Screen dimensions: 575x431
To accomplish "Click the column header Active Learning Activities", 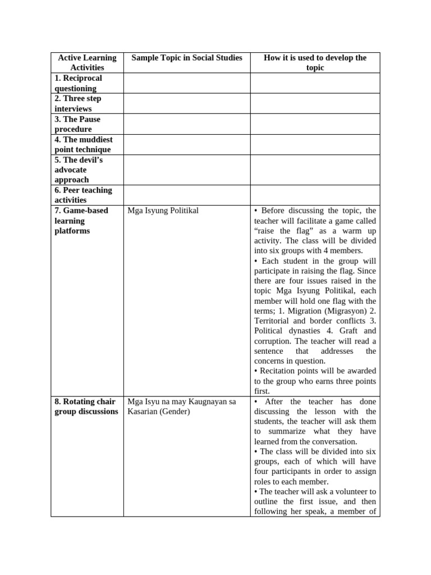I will [x=87, y=62].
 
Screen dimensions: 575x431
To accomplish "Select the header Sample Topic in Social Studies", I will [x=186, y=58].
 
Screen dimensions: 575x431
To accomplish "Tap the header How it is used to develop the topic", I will [x=315, y=62].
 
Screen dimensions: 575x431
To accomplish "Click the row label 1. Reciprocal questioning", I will [x=79, y=83].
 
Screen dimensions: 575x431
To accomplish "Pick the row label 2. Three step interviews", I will [x=78, y=103].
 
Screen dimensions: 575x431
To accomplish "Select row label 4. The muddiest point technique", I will [x=83, y=144].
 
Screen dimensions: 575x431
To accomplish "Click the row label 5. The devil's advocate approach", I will [x=79, y=170].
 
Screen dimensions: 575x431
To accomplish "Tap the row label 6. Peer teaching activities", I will [x=83, y=195].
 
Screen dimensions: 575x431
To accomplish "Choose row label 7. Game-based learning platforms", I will [x=81, y=221].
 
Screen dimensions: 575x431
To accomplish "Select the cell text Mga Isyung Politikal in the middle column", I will [x=163, y=211].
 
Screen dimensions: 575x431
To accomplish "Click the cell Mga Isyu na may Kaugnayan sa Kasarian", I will [x=182, y=407].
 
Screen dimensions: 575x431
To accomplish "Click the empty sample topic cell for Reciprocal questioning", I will [x=186, y=83].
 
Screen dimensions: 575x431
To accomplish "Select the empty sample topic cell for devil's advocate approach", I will [x=186, y=170].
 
